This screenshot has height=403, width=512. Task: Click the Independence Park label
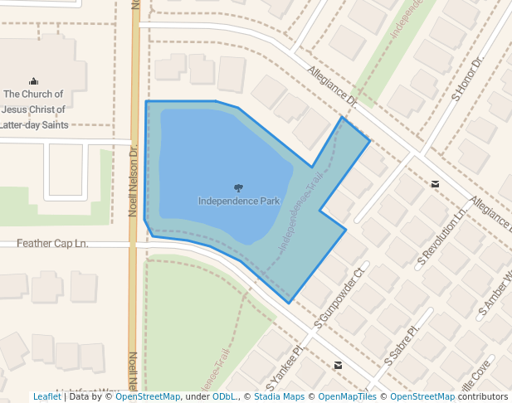pyautogui.click(x=239, y=201)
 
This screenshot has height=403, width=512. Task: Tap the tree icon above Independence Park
pyautogui.click(x=239, y=188)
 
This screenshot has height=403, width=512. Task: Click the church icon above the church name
pyautogui.click(x=33, y=81)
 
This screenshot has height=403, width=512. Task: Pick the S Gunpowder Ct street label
pyautogui.click(x=339, y=296)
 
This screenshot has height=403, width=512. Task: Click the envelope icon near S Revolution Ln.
pyautogui.click(x=435, y=183)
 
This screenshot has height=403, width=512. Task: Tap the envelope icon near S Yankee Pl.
pyautogui.click(x=338, y=365)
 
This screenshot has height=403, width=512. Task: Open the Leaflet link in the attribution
pyautogui.click(x=46, y=396)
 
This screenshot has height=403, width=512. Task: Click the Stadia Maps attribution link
pyautogui.click(x=278, y=396)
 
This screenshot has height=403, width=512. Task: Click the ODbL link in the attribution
pyautogui.click(x=224, y=396)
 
